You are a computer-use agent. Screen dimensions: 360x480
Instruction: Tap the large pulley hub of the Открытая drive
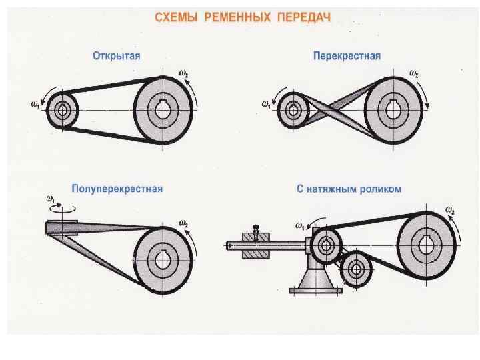tap(163, 109)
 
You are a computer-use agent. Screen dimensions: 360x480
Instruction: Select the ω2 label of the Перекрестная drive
tap(414, 73)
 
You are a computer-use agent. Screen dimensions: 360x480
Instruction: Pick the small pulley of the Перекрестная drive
tap(292, 110)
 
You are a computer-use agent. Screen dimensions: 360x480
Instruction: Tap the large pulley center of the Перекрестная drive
tap(392, 109)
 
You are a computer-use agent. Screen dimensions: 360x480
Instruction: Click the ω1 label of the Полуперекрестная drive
tap(50, 199)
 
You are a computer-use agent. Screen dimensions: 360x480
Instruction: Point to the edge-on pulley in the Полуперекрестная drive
tap(62, 227)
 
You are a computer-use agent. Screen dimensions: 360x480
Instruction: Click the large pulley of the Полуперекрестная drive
tap(163, 256)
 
